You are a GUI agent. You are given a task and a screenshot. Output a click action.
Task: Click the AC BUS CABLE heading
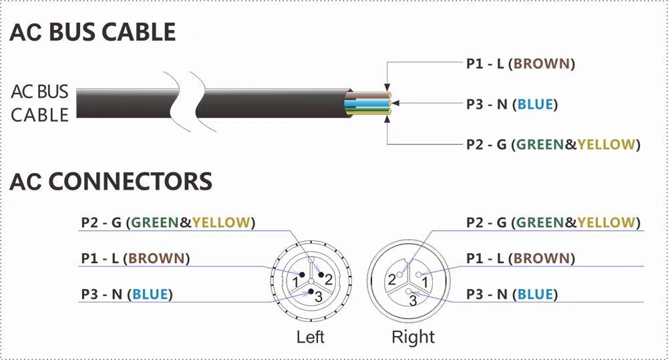93,32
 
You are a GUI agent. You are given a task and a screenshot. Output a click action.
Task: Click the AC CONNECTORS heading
111,181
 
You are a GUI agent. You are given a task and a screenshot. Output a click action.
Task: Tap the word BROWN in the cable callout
542,64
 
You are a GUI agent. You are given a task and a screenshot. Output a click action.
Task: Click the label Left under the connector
310,337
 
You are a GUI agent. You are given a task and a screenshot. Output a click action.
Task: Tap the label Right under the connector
413,337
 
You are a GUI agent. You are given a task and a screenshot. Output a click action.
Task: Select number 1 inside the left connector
295,283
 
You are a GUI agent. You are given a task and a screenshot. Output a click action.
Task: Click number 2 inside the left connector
328,279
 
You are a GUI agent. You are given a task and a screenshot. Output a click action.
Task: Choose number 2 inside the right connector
392,280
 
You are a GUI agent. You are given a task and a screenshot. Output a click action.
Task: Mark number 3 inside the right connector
413,301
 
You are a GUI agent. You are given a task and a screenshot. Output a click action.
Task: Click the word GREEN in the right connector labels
541,222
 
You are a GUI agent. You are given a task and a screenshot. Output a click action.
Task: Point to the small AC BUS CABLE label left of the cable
40,104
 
